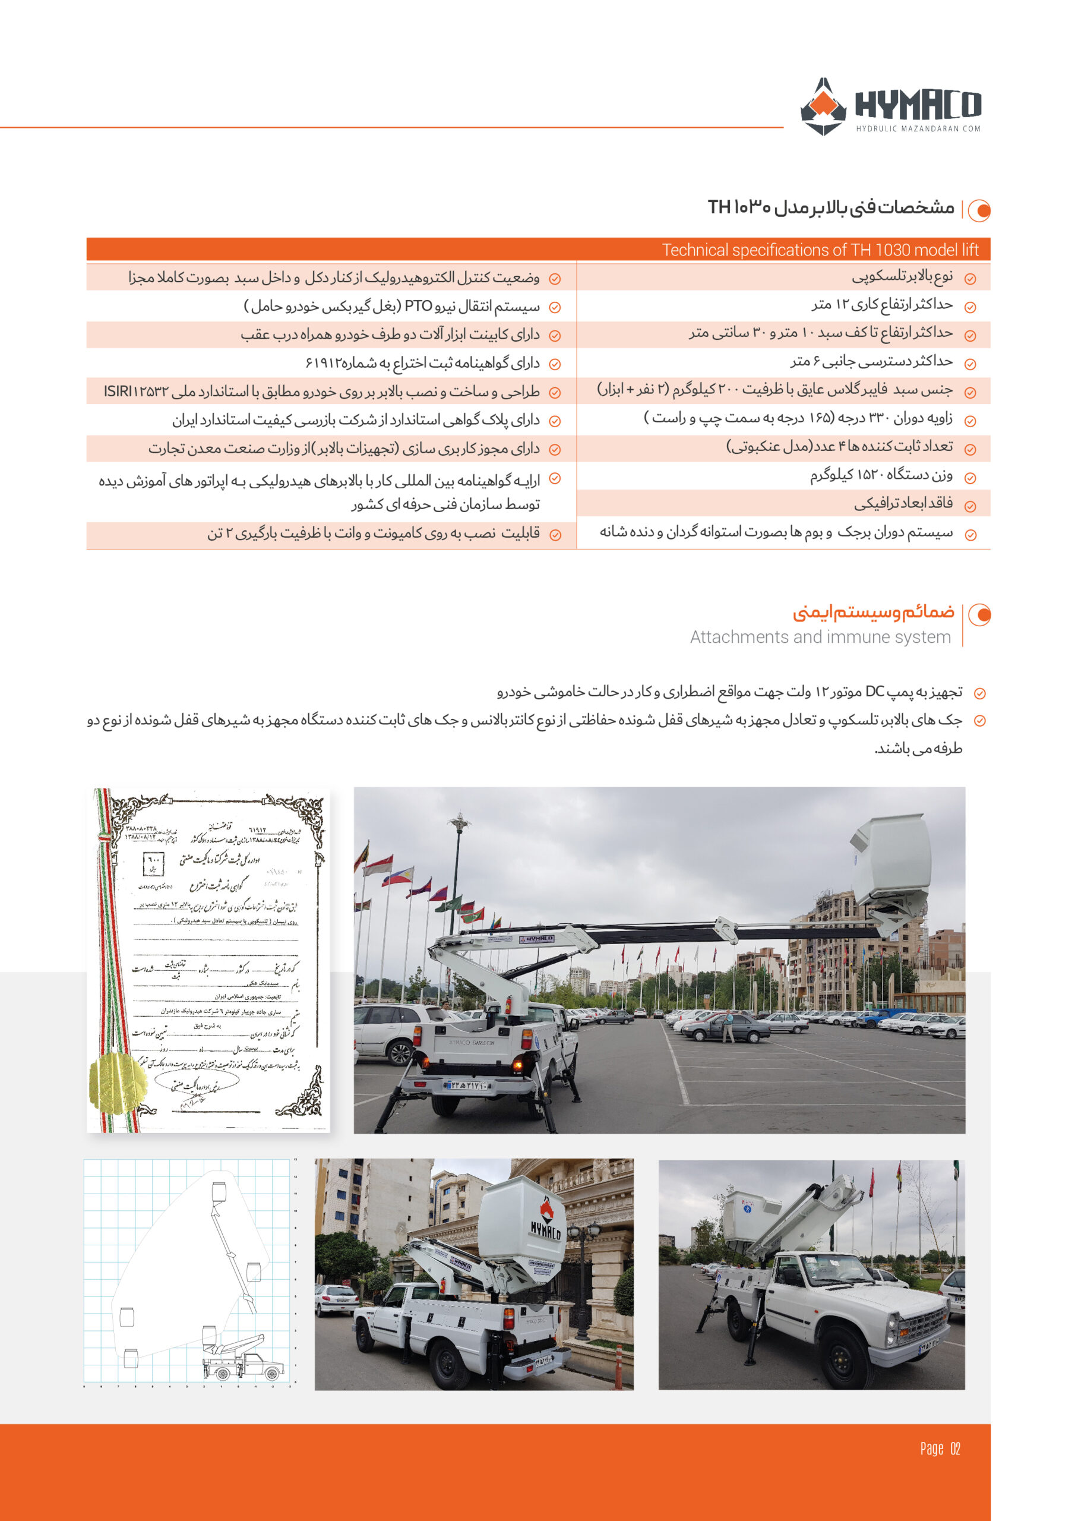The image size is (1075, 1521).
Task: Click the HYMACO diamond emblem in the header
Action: click(823, 108)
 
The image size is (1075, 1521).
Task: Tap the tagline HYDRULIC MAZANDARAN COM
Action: click(918, 128)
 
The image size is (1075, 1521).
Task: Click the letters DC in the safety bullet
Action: click(874, 692)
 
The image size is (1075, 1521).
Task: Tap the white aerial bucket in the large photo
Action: click(891, 854)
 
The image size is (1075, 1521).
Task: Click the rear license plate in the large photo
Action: click(468, 1085)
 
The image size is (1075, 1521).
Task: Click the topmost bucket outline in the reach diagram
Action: click(219, 1191)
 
